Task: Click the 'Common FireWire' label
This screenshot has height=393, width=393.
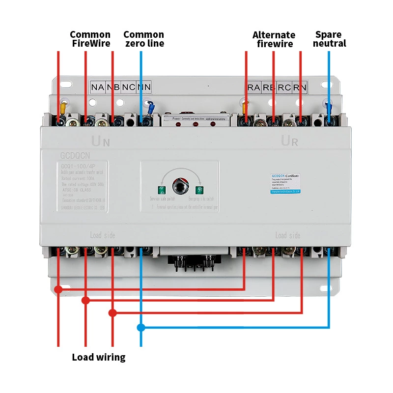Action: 90,39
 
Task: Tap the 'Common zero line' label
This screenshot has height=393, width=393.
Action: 143,39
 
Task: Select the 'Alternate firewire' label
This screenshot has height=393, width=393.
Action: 274,39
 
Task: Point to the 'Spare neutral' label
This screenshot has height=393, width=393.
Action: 329,39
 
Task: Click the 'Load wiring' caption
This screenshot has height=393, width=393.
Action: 98,357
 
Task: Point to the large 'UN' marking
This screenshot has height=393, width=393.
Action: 101,142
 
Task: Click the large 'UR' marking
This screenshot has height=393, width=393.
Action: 289,141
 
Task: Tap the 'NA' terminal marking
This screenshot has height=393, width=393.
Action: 97,87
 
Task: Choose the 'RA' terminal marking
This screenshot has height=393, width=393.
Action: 253,88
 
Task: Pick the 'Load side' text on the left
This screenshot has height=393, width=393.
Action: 102,235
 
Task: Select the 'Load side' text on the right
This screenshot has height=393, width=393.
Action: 287,235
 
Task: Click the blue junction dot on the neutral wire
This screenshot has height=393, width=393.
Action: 141,327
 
